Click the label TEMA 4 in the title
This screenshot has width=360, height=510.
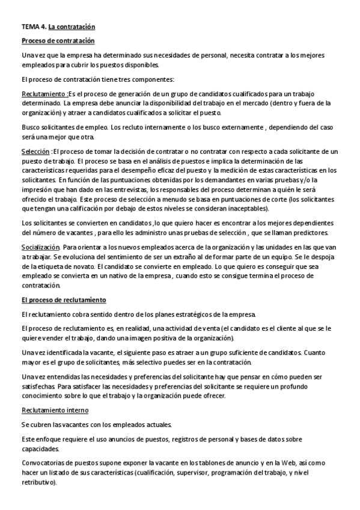34,27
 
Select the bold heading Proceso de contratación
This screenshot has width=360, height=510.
58,41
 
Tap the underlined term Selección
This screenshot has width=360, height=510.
35,152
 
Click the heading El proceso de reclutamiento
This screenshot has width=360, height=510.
64,300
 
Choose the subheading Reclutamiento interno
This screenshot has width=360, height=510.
55,410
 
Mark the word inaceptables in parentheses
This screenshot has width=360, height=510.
243,209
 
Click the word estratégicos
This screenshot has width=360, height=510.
192,315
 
